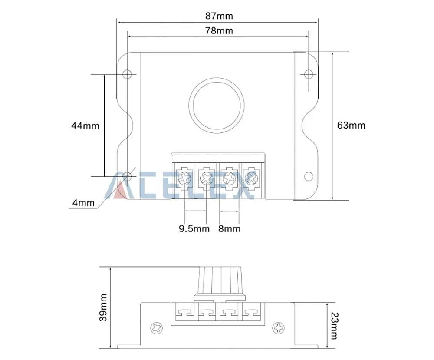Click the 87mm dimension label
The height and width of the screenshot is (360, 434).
(x=219, y=16)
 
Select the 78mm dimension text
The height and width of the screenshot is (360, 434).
(x=219, y=30)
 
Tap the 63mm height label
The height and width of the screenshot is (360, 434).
(x=351, y=126)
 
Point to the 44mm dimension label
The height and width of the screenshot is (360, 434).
(x=85, y=126)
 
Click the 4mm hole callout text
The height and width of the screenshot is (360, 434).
(x=82, y=202)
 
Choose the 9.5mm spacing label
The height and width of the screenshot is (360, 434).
(x=194, y=228)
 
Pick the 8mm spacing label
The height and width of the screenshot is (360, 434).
(x=229, y=228)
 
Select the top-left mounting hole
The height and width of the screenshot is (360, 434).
(x=127, y=74)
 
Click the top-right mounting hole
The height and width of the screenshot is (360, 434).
(x=308, y=74)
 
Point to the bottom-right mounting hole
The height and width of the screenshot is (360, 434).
(x=308, y=176)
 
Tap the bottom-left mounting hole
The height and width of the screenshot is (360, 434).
(x=127, y=176)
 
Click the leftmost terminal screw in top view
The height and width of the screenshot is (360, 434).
(x=185, y=177)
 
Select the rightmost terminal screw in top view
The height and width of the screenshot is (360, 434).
(x=251, y=177)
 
